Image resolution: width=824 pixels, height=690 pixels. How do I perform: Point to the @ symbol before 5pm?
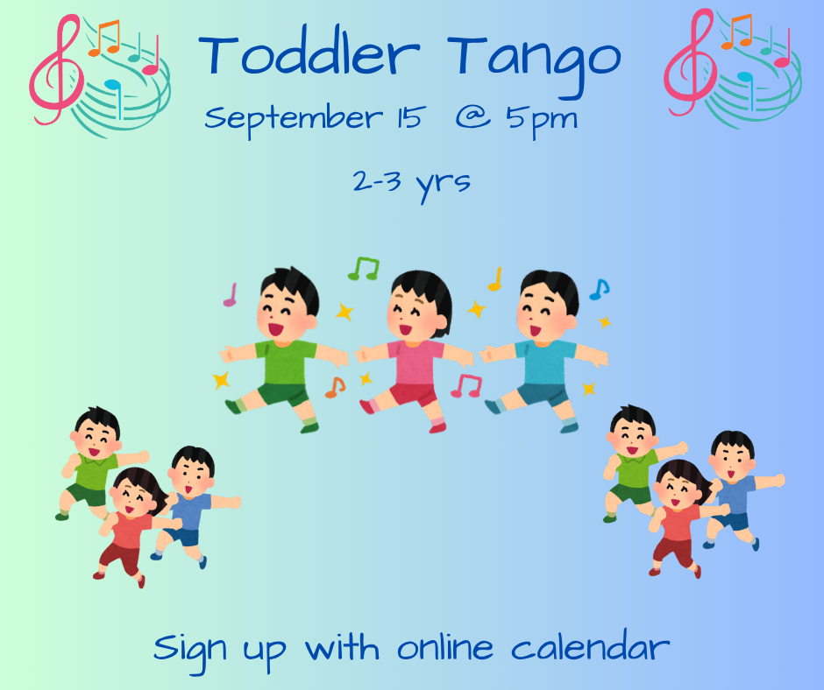tap(473, 116)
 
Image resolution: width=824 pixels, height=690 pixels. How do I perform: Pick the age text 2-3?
tap(377, 181)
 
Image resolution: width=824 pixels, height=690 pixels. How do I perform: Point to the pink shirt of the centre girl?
tap(416, 363)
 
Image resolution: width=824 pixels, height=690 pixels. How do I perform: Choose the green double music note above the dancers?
tap(364, 268)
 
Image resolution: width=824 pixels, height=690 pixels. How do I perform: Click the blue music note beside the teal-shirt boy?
tap(599, 289)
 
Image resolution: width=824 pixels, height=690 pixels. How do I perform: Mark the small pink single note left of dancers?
tap(231, 295)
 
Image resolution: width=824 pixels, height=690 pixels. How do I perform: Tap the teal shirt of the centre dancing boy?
tap(545, 363)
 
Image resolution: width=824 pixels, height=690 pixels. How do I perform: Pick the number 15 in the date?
tap(408, 117)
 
